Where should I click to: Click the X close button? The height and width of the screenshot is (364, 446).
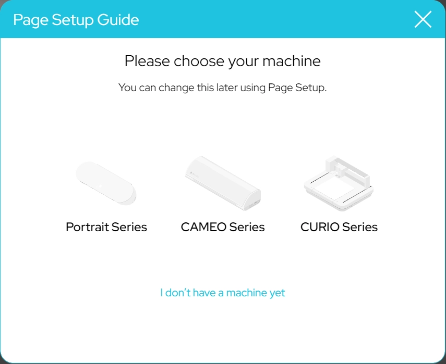[423, 19]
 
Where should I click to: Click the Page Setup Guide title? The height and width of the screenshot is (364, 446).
[76, 20]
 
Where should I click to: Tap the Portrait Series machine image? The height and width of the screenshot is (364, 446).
[106, 183]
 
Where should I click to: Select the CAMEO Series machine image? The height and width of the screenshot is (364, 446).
[223, 183]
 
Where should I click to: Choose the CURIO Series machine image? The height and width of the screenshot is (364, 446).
[339, 183]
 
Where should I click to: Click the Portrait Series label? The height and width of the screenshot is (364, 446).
[106, 227]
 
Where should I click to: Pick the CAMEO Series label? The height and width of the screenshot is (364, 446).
[223, 227]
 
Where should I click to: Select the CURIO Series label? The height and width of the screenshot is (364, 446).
[339, 227]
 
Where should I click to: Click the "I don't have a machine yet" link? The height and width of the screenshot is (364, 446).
[223, 293]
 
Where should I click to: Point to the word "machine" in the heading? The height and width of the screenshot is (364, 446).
[291, 61]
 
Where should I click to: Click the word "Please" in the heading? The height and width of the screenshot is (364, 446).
[147, 61]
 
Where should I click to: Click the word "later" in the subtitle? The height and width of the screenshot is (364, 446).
[227, 87]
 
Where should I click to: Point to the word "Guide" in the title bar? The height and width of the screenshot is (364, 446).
[118, 20]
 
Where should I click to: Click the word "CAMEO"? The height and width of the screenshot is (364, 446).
[203, 227]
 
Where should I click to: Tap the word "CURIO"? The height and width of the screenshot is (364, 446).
[320, 227]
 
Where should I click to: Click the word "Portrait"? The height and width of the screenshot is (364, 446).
[87, 227]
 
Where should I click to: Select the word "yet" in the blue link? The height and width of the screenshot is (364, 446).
[278, 293]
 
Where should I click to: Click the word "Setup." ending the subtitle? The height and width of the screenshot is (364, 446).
[311, 88]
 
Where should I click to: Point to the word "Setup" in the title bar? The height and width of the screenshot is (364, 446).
[73, 20]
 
